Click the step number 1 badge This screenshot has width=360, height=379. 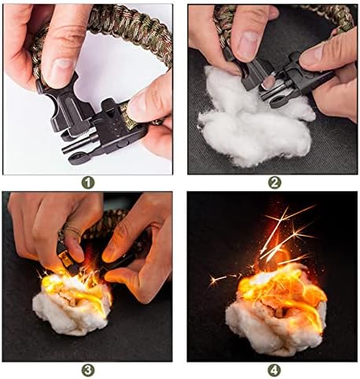click(x=88, y=182)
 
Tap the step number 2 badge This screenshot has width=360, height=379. click(x=274, y=182)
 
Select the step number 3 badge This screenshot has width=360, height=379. click(x=88, y=370)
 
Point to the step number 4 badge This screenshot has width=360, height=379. click(x=274, y=370)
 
